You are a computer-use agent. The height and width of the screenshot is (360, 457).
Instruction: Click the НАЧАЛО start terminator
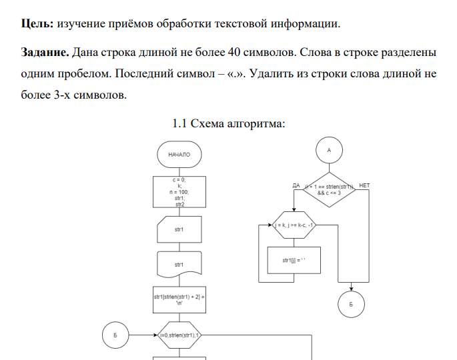[x=179, y=154]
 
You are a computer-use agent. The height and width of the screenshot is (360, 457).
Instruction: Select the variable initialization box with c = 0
[x=179, y=193]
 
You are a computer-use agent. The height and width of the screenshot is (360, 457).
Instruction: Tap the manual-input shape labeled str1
[x=179, y=230]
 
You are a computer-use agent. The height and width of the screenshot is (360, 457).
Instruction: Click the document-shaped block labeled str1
[x=179, y=265]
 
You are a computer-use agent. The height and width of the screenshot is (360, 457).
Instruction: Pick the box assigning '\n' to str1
[x=179, y=299]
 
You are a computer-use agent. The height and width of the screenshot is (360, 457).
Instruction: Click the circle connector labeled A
[x=329, y=151]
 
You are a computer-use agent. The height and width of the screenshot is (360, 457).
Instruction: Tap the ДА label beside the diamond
[x=296, y=185]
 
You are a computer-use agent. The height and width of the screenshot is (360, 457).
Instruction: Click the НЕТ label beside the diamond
[x=364, y=185]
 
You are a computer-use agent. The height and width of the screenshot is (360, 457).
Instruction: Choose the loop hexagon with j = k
[x=294, y=225]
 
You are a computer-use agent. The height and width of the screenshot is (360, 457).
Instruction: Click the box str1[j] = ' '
[x=294, y=260]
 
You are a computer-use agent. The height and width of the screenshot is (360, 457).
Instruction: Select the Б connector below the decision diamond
[x=352, y=304]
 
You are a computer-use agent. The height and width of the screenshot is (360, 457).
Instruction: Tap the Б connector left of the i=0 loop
[x=115, y=335]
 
